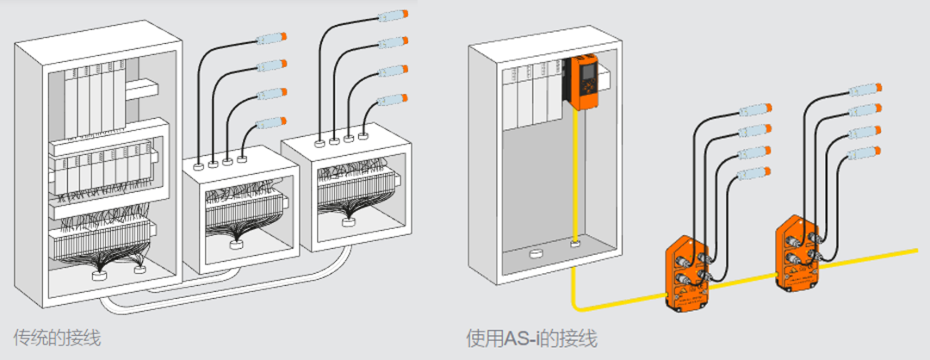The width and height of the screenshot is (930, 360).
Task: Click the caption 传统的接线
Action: (x=57, y=338)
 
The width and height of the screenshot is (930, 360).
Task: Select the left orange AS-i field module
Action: (x=690, y=274)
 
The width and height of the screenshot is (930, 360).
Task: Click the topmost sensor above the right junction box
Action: (x=393, y=16)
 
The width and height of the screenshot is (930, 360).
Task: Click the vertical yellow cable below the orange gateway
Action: (x=574, y=172)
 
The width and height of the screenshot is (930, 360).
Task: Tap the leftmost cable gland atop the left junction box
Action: (x=199, y=161)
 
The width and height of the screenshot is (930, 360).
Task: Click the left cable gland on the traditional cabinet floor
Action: (x=100, y=276)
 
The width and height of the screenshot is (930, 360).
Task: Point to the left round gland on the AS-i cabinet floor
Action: (x=535, y=255)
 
